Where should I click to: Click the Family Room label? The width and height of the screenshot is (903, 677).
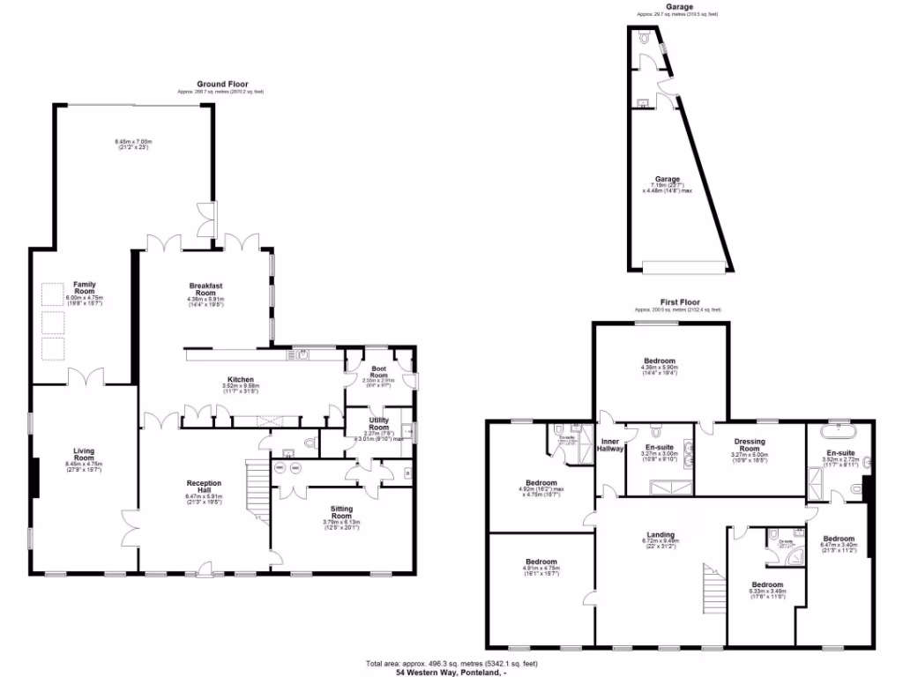pyautogui.click(x=85, y=288)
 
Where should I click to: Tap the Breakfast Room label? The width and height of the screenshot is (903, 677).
pyautogui.click(x=207, y=288)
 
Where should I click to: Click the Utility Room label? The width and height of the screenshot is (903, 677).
pyautogui.click(x=379, y=423)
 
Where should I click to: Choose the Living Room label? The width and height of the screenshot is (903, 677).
pyautogui.click(x=84, y=454)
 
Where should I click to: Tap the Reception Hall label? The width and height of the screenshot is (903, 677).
pyautogui.click(x=204, y=487)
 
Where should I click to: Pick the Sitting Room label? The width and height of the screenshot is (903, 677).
pyautogui.click(x=342, y=513)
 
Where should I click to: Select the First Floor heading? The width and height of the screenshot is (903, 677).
pyautogui.click(x=678, y=301)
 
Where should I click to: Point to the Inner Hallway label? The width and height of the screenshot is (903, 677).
pyautogui.click(x=612, y=445)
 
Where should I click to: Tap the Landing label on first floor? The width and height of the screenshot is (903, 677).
pyautogui.click(x=660, y=535)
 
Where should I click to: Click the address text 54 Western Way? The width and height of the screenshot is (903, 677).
pyautogui.click(x=451, y=672)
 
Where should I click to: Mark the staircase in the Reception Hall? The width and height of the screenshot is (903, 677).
pyautogui.click(x=256, y=494)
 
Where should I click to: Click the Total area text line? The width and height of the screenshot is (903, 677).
pyautogui.click(x=451, y=663)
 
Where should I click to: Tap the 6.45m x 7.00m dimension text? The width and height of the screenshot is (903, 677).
pyautogui.click(x=133, y=142)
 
